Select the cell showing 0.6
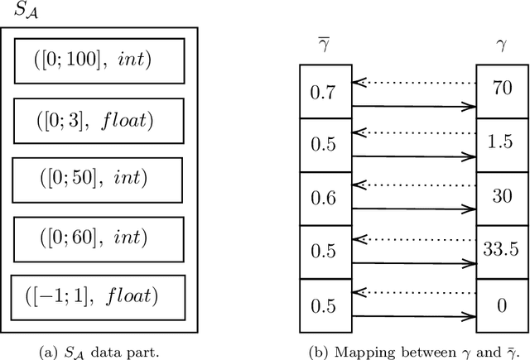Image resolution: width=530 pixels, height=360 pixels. pyautogui.click(x=324, y=199)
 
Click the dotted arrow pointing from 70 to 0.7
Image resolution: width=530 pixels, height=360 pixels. pyautogui.click(x=414, y=81)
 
